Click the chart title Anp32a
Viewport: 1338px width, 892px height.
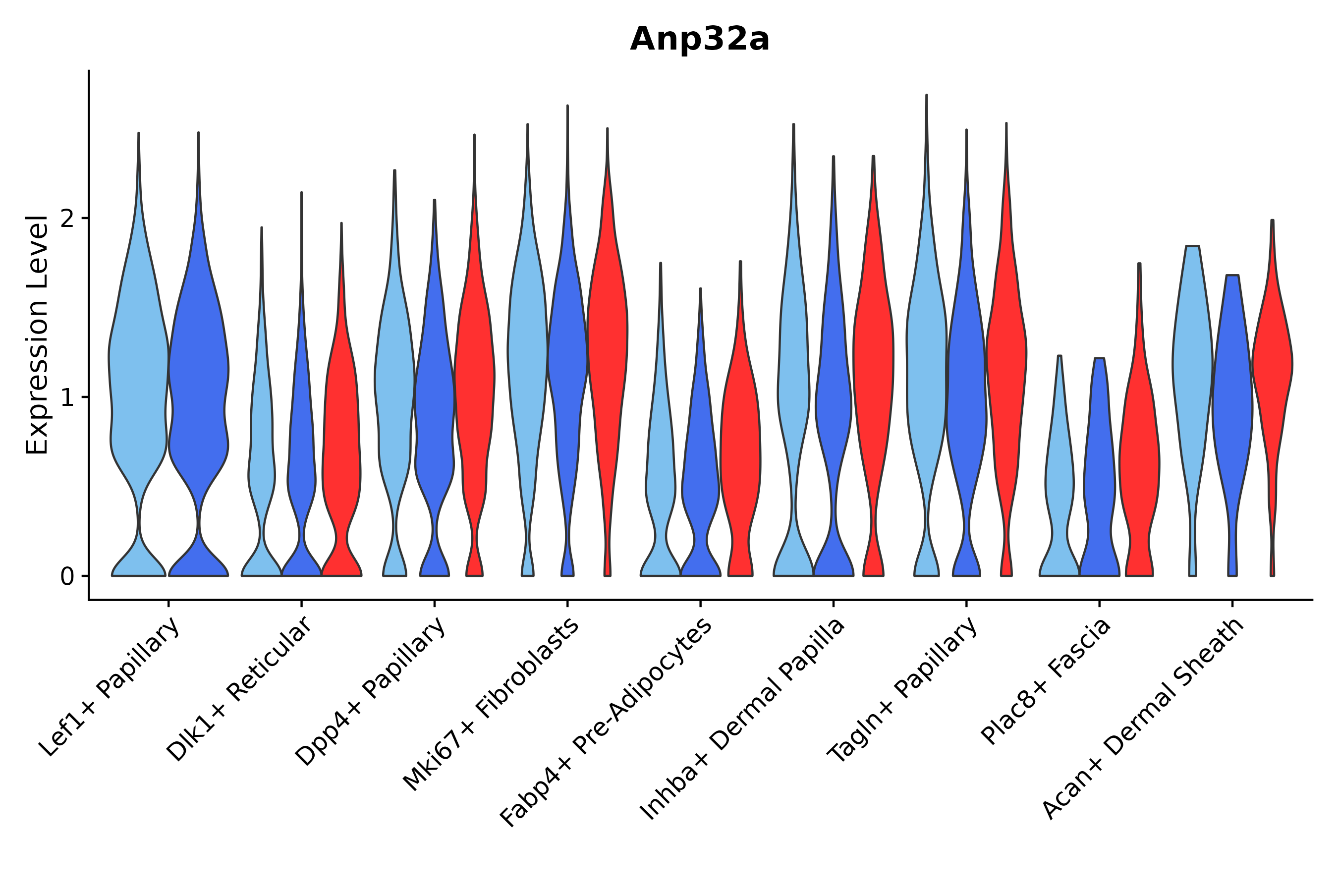pos(699,40)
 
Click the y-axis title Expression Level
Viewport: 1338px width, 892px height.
pos(38,335)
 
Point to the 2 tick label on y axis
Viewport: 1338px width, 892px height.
pos(67,220)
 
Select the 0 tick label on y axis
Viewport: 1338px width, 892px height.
pos(67,577)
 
